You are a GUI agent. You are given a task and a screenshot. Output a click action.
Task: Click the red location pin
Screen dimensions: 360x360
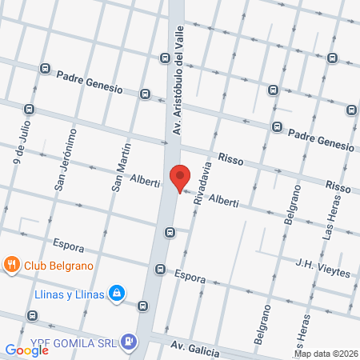180,177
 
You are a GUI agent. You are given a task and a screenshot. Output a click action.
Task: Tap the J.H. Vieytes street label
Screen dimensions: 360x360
323,267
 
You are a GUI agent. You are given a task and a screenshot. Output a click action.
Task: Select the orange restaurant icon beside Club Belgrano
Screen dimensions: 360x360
12,264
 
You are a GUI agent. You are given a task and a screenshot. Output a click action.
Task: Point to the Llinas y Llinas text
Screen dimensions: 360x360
70,294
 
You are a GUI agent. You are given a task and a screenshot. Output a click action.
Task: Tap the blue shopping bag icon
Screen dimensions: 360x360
118,294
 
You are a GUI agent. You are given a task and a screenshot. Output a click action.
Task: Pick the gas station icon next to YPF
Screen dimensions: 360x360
129,342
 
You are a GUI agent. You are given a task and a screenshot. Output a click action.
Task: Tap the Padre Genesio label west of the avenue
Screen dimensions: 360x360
90,82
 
